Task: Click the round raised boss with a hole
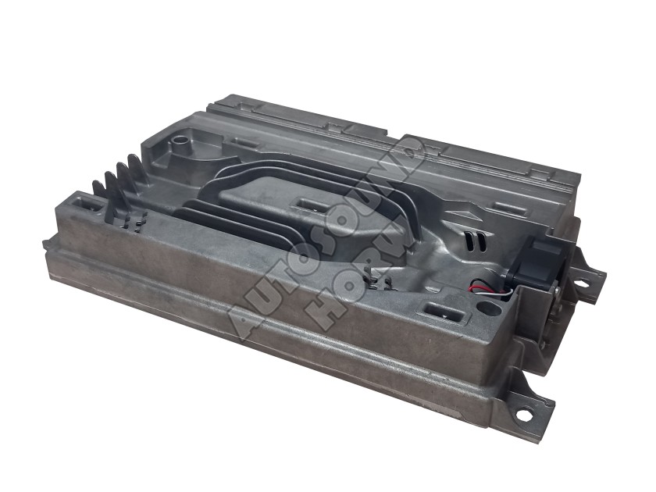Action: tap(181, 144)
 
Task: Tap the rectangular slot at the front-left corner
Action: tap(88, 205)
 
